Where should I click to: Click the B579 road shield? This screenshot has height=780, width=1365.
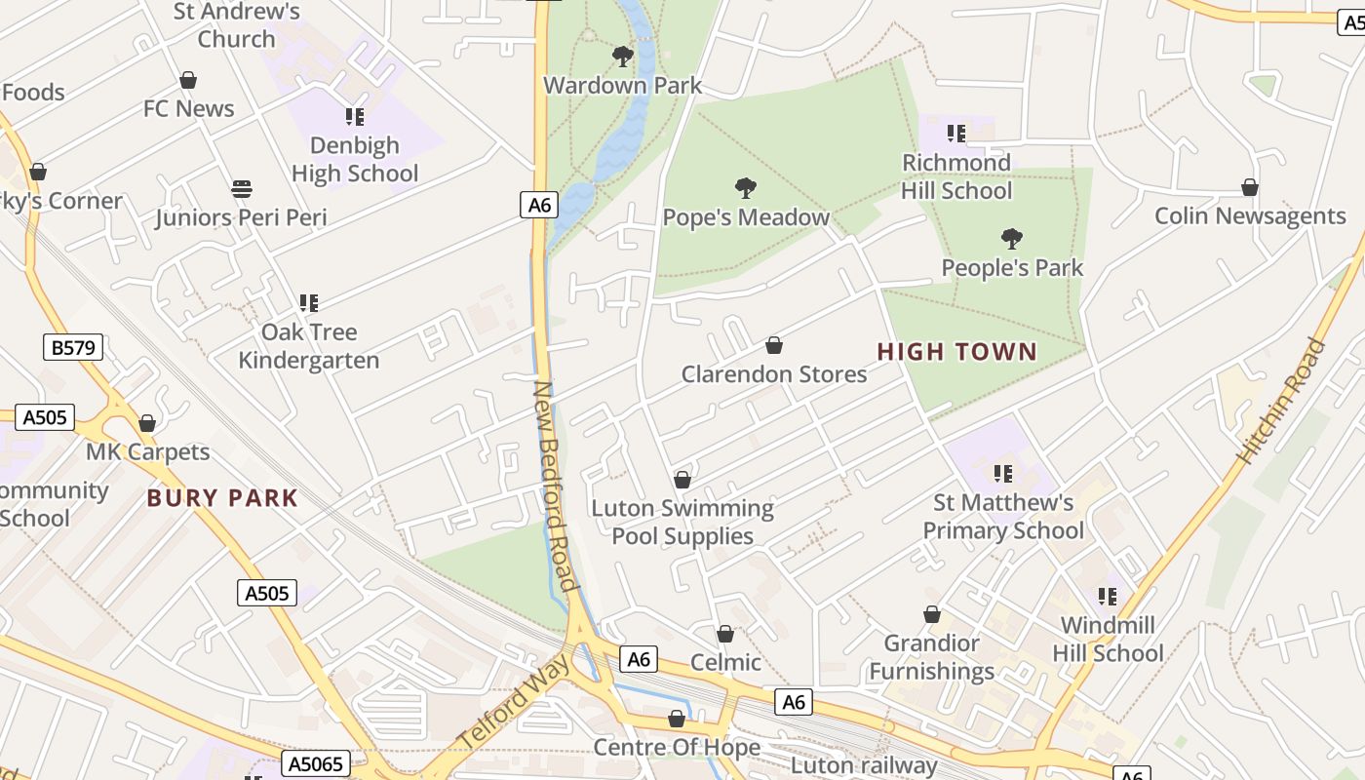73,347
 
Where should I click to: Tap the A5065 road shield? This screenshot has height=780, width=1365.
316,763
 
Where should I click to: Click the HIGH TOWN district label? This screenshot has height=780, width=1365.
956,352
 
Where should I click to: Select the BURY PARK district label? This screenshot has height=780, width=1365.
222,498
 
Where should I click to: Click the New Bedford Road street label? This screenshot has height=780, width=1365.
556,486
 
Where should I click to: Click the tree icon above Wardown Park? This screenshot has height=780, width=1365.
623,57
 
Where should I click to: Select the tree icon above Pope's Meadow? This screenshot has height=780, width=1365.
746,188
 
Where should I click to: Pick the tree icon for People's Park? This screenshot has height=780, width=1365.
1012,239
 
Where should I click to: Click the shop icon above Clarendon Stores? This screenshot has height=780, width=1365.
774,345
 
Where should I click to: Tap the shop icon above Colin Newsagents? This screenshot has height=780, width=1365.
1250,187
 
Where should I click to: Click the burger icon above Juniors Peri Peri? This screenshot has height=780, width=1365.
242,188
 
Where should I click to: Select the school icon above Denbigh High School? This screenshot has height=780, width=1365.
355,117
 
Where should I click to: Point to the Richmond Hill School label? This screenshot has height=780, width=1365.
956,176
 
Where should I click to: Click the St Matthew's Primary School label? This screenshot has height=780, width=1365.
1003,517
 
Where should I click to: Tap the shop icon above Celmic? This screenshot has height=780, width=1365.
725,635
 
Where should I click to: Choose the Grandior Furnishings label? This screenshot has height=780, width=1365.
932,657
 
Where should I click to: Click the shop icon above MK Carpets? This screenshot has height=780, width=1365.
147,423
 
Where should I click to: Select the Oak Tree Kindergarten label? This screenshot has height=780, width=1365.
309,346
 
